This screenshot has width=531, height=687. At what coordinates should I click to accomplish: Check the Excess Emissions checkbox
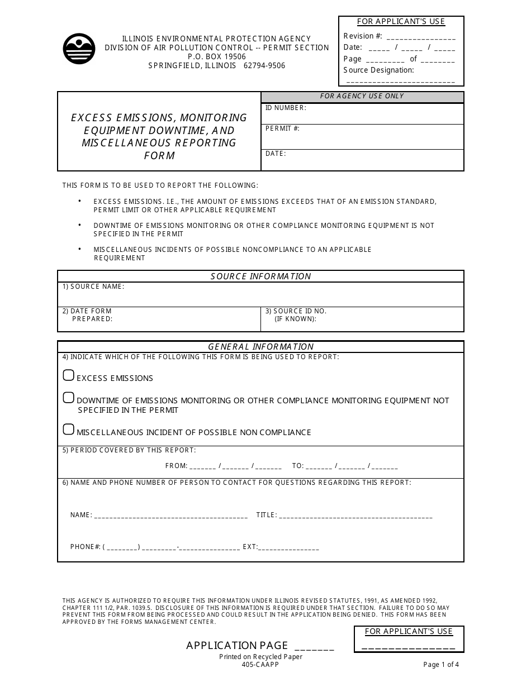pos(69,375)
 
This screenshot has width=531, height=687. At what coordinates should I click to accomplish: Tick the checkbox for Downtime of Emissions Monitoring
pos(69,398)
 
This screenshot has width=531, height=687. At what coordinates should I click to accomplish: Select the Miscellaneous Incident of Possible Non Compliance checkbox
pos(69,430)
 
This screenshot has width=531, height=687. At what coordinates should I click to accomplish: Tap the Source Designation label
pos(378,70)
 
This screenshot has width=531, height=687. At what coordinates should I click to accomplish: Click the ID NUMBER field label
pos(285,108)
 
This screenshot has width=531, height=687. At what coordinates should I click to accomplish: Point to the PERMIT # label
pos(282,128)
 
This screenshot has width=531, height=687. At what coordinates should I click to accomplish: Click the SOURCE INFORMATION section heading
pos(260,276)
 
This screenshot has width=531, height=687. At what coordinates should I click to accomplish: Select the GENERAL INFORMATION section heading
pos(260,347)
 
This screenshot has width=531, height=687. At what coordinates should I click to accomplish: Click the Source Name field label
pos(93,287)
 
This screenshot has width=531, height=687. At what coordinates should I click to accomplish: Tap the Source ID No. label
pos(296,311)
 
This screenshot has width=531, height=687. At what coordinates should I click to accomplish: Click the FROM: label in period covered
pos(176,466)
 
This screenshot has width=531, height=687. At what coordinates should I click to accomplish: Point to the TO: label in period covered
pos(298,466)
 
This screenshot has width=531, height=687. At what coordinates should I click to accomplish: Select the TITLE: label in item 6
pos(266,516)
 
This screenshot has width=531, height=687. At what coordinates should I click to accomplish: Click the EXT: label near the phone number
pos(250,547)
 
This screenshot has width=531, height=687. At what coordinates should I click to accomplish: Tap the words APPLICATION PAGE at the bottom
pos(237,646)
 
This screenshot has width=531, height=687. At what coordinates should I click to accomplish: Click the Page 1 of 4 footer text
pos(441,665)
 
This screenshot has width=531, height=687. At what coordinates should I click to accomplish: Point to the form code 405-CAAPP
pos(260,665)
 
